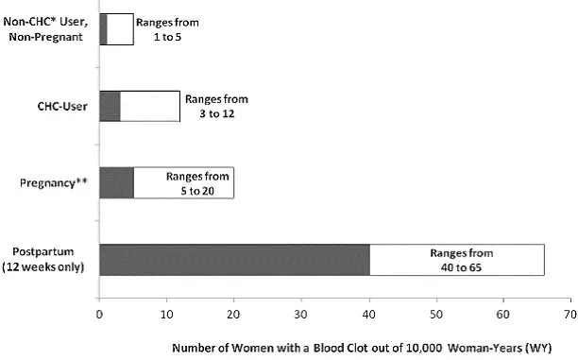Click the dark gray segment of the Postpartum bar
tap(233, 261)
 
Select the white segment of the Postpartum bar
tap(456, 261)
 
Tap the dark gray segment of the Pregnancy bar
tap(116, 182)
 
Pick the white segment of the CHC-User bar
tap(149, 106)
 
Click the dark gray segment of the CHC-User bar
tap(110, 106)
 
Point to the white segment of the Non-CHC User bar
tap(119, 29)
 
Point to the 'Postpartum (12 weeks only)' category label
tap(46, 261)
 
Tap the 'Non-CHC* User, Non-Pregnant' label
tap(48, 29)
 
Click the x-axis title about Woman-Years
tap(336, 344)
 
